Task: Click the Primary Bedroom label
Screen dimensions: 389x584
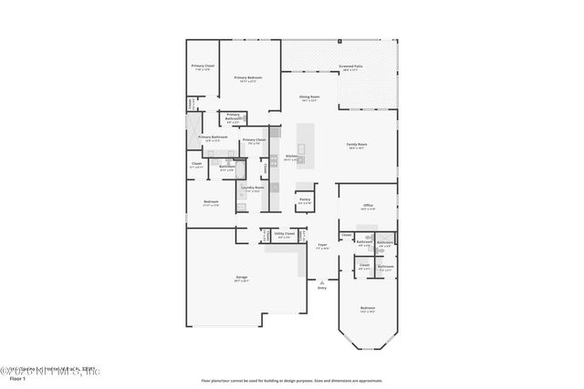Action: tap(248, 78)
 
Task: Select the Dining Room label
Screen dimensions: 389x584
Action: tap(309, 97)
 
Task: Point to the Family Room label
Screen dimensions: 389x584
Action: tap(356, 145)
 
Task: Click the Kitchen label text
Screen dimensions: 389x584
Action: tap(291, 157)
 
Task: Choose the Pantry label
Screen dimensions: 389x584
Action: tap(305, 199)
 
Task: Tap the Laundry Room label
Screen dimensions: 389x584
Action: tap(253, 189)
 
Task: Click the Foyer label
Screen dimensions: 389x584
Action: tap(322, 246)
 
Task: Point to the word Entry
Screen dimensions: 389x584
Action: tap(321, 288)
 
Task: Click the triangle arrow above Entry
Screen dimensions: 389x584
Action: tap(321, 282)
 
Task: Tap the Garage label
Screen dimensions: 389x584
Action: tap(242, 277)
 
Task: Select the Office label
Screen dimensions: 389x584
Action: tap(368, 206)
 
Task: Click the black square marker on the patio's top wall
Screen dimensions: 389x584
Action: tap(339, 41)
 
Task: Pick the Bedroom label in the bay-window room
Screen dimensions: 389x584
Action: tap(367, 308)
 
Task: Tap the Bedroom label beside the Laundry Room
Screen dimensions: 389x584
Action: tap(211, 202)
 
